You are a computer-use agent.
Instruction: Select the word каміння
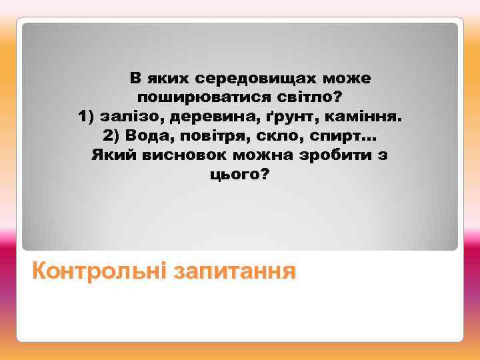tap(364, 117)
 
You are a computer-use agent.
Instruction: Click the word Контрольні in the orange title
tap(99, 271)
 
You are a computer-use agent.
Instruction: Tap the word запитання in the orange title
tap(233, 271)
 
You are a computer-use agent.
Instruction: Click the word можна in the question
tap(262, 156)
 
